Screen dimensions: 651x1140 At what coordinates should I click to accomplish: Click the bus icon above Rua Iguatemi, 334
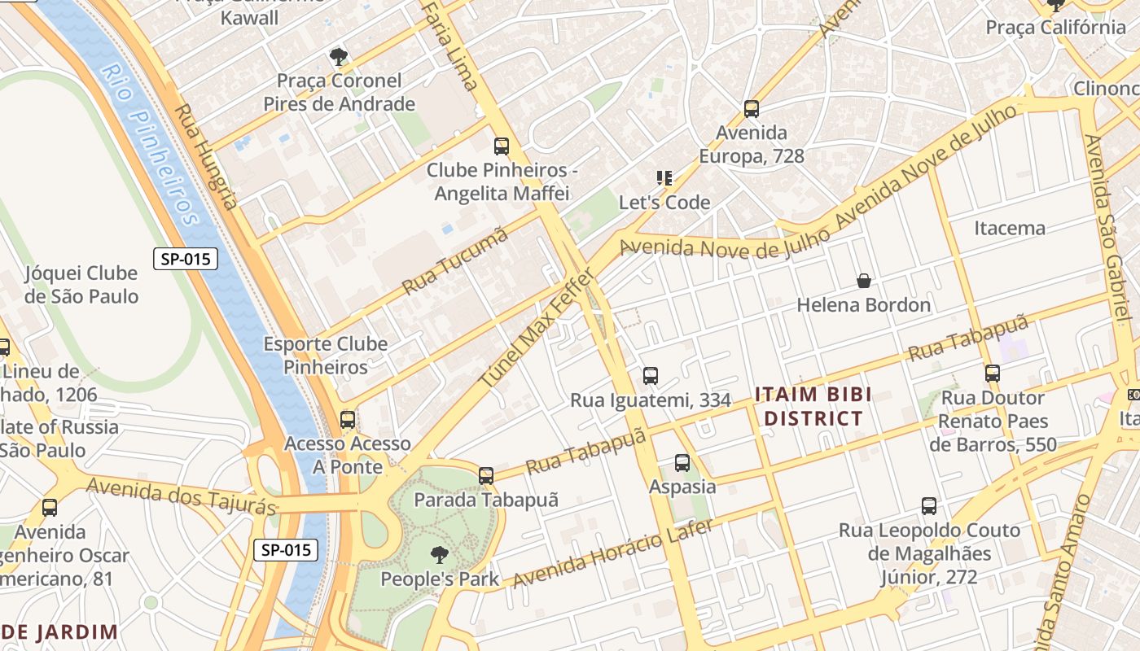click(x=650, y=375)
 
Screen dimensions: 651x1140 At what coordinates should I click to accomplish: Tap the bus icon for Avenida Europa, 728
click(x=752, y=108)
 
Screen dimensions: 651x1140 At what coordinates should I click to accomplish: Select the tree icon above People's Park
click(x=439, y=555)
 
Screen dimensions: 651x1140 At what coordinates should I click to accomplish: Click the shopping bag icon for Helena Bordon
click(x=864, y=281)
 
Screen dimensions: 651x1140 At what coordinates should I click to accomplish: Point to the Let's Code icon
click(x=664, y=177)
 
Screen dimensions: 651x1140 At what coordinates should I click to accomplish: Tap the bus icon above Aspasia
click(x=682, y=462)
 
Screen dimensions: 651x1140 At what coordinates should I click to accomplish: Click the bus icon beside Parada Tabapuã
click(x=486, y=475)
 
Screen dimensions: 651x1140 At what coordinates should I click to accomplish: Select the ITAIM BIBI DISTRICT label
click(x=813, y=407)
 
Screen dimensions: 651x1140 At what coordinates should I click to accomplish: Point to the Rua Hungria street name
click(x=207, y=156)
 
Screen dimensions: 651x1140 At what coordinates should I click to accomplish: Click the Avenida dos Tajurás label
click(x=181, y=496)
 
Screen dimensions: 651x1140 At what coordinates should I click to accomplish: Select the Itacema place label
click(x=1010, y=228)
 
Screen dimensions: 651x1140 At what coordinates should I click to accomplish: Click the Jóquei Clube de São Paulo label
click(x=81, y=285)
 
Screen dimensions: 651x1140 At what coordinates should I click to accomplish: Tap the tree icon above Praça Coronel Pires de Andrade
click(x=338, y=56)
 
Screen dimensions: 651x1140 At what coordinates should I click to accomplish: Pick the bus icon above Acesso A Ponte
click(x=348, y=419)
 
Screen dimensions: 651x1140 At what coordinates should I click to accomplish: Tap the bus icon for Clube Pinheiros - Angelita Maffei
click(x=502, y=146)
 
